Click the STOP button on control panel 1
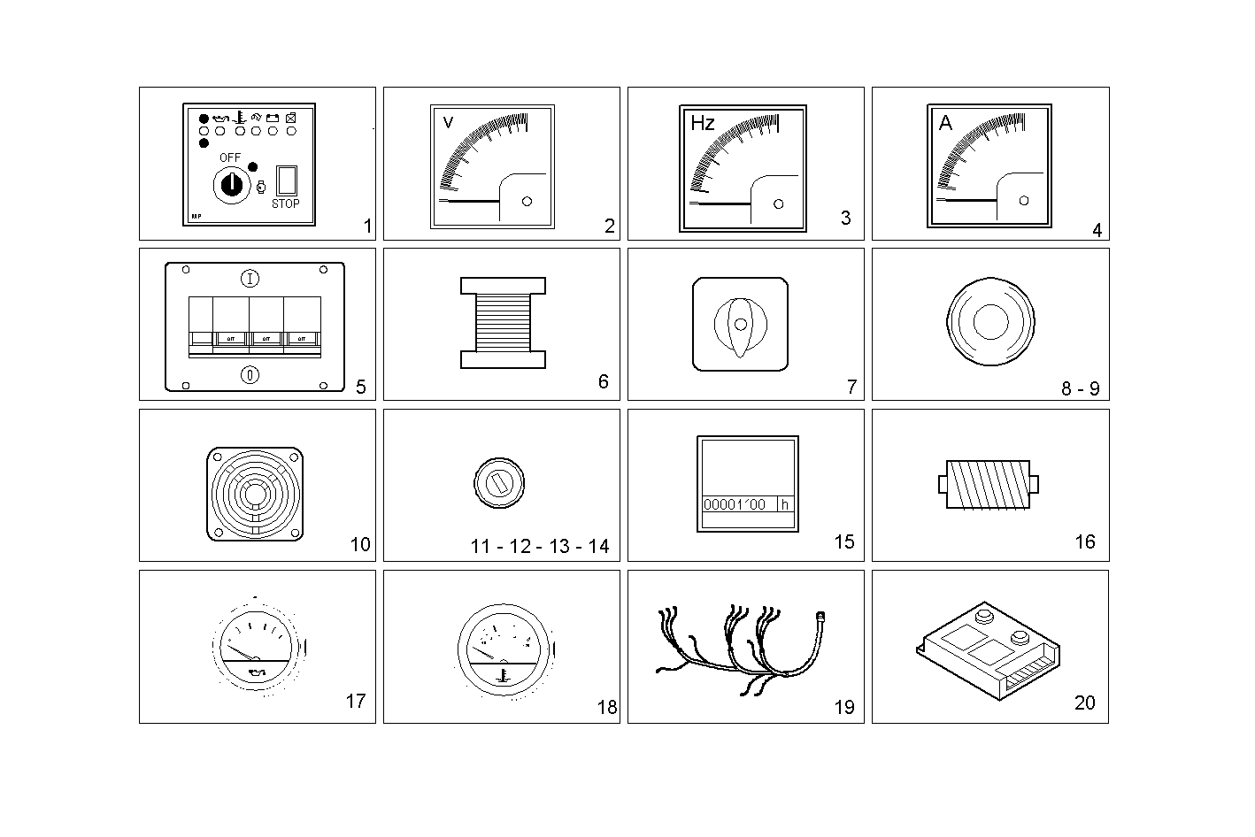pos(286,180)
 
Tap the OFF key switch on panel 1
pos(231,184)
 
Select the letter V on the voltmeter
pos(447,122)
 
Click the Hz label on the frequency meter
pos(702,123)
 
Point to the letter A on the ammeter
pos(945,123)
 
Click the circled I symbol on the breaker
pos(250,280)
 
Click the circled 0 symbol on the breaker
pos(250,374)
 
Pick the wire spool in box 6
pos(503,323)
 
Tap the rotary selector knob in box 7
pos(740,325)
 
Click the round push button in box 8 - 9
pos(989,324)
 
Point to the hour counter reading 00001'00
pos(735,504)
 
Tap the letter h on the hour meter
pos(783,504)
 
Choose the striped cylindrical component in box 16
pos(988,484)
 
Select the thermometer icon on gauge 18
pos(502,677)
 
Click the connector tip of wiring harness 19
pos(820,613)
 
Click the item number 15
pos(843,541)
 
